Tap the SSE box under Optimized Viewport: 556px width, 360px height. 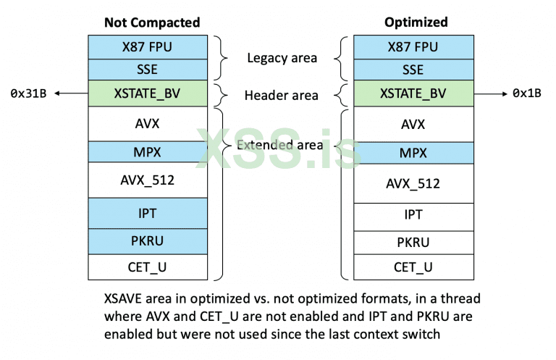click(x=413, y=70)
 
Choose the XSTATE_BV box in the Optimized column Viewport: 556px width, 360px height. click(x=413, y=93)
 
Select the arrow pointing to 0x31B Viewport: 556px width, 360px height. click(x=71, y=93)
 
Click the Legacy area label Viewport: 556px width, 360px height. click(x=282, y=58)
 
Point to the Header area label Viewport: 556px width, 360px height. click(x=282, y=95)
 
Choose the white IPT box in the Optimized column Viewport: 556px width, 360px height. click(x=413, y=215)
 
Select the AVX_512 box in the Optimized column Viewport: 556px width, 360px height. click(x=413, y=183)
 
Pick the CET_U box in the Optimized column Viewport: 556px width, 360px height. click(x=413, y=267)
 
